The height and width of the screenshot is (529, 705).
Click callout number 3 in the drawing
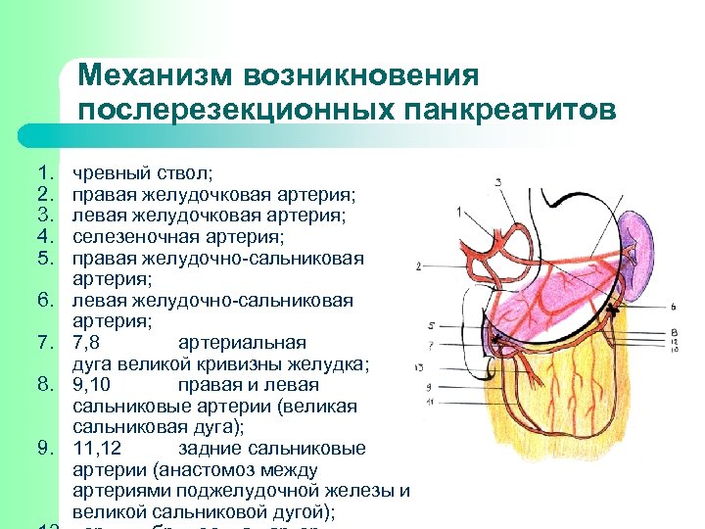pyautogui.click(x=498, y=182)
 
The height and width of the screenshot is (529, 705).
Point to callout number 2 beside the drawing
pyautogui.click(x=419, y=265)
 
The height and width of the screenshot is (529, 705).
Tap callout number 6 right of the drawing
pyautogui.click(x=675, y=308)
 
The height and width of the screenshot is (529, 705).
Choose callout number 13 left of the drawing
pyautogui.click(x=419, y=367)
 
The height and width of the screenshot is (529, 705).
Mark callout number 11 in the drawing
pyautogui.click(x=430, y=403)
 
